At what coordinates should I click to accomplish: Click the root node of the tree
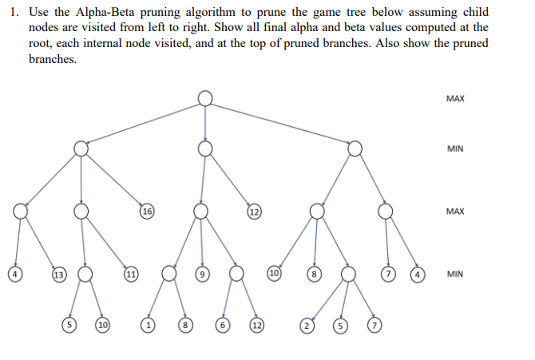tap(205, 97)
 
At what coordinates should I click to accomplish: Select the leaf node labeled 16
tap(146, 212)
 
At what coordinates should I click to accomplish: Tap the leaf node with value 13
tap(58, 275)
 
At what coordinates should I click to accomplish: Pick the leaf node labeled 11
tap(130, 275)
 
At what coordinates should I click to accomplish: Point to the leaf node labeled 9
tap(202, 275)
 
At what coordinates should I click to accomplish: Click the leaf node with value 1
tap(148, 326)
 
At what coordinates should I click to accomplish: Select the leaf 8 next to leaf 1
tap(185, 326)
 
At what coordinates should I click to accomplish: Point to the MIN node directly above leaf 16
tap(81, 148)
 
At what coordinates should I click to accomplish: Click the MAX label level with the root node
tap(455, 99)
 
